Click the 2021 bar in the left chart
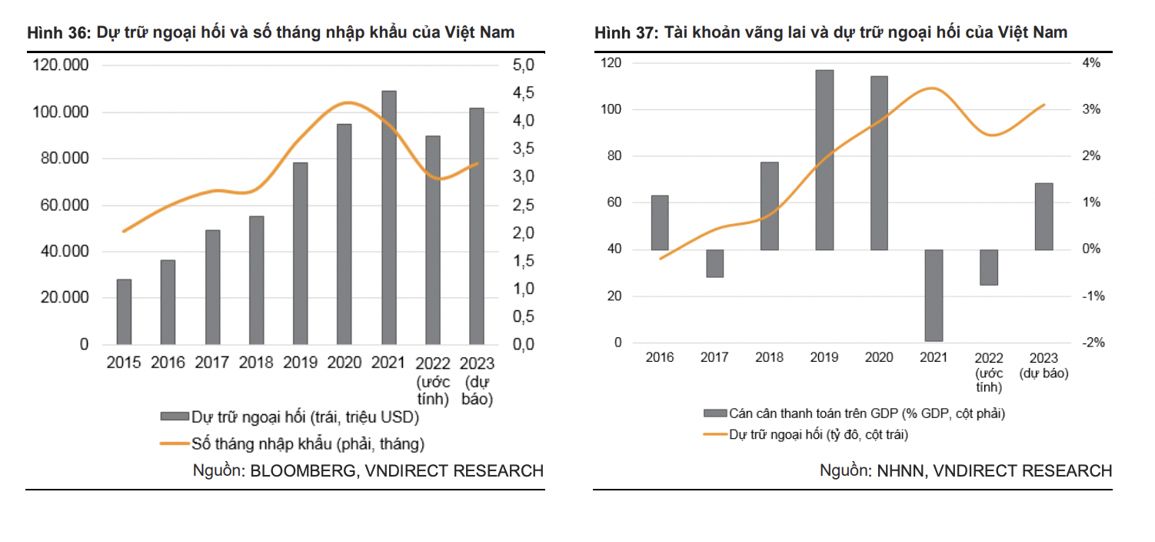pyautogui.click(x=389, y=217)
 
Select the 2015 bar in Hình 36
pyautogui.click(x=124, y=311)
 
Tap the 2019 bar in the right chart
pyautogui.click(x=824, y=159)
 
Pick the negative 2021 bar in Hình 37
pyautogui.click(x=934, y=295)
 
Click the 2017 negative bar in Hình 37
pyautogui.click(x=714, y=263)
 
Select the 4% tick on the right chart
pyautogui.click(x=1091, y=63)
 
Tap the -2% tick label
pyautogui.click(x=1092, y=343)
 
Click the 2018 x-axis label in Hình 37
pyautogui.click(x=769, y=358)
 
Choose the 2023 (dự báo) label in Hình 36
pyautogui.click(x=477, y=381)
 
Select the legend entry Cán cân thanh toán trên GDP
pyautogui.click(x=867, y=413)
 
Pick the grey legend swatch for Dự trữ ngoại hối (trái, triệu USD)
pyautogui.click(x=174, y=417)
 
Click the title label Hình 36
pyautogui.click(x=59, y=32)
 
